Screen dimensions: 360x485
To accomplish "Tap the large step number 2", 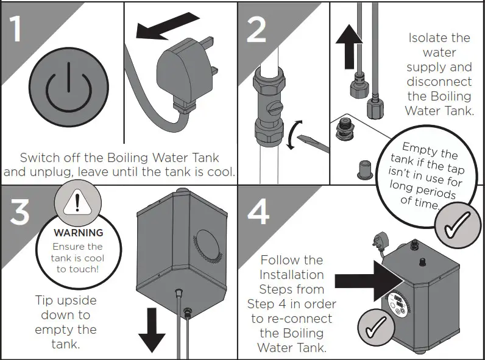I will point(256,27).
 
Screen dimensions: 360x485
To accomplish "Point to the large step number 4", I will point(258,208).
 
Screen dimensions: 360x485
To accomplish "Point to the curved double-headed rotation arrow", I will point(293,135).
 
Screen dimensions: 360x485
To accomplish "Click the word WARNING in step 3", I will point(78,233).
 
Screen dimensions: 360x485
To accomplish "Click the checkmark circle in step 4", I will point(375,327).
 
